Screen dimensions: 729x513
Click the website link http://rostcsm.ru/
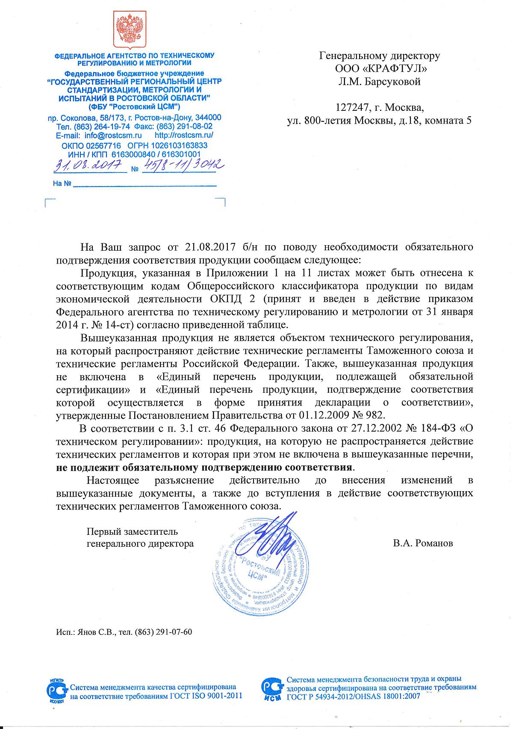[x=184, y=136]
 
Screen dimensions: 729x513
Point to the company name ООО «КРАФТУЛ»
[x=380, y=68]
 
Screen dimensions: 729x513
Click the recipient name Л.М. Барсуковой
[x=380, y=82]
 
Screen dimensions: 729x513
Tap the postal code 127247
[x=351, y=107]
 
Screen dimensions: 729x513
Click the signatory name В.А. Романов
[x=423, y=543]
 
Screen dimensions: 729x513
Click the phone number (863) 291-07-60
[x=163, y=632]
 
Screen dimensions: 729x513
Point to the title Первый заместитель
[x=132, y=532]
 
